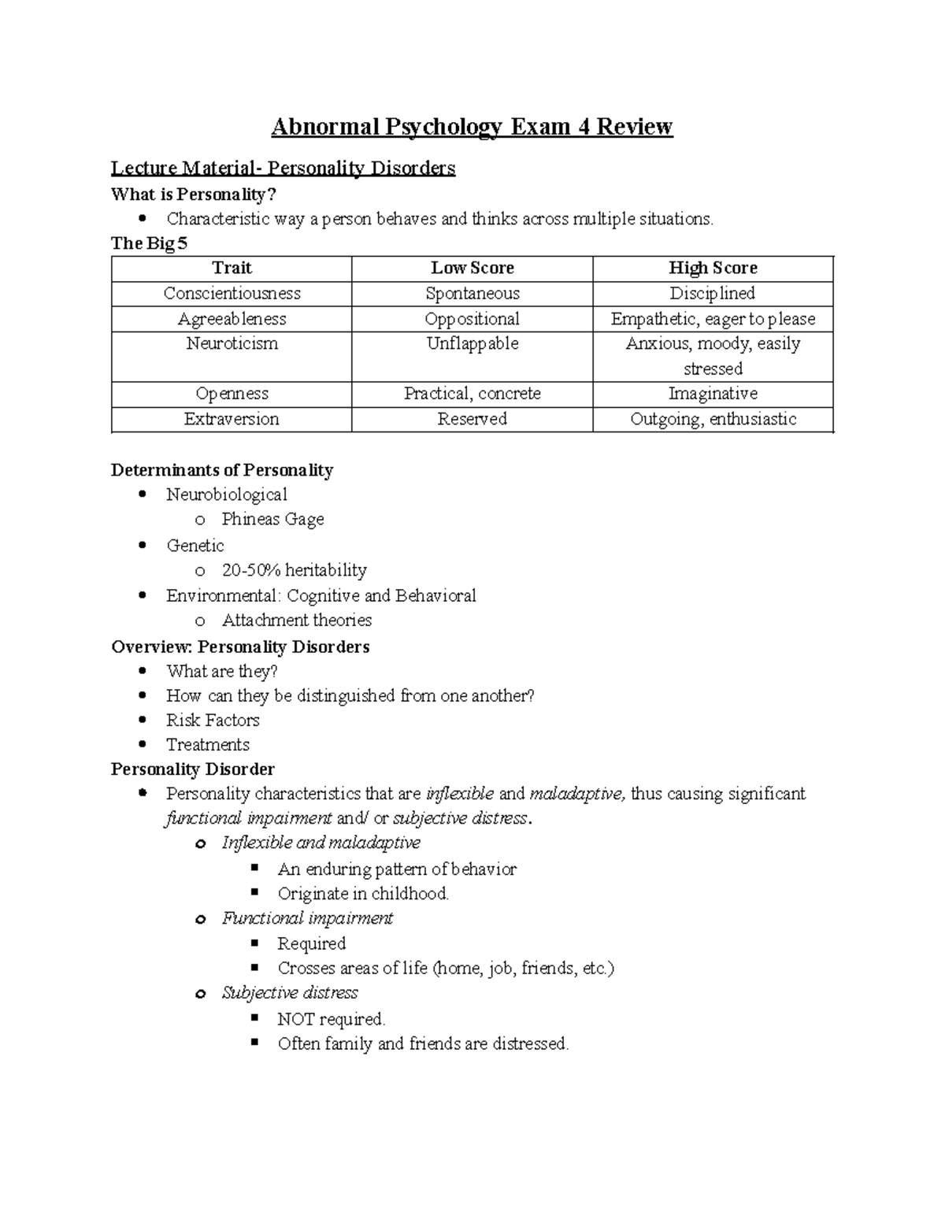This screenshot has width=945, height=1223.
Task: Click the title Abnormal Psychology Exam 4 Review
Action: coord(472,127)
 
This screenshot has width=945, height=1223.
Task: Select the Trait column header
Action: coord(232,269)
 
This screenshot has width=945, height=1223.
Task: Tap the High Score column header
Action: coord(713,269)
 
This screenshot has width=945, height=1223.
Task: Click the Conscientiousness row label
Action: coord(232,294)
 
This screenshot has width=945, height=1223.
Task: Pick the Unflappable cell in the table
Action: coord(472,344)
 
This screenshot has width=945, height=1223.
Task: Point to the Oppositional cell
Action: coord(472,319)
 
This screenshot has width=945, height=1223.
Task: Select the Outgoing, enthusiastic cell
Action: coord(713,419)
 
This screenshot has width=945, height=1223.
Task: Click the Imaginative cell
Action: coord(713,394)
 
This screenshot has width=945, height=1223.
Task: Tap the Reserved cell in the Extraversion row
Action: coord(472,419)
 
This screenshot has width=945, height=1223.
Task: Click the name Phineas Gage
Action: coord(272,520)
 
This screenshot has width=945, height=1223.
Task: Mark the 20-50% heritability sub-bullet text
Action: coord(294,570)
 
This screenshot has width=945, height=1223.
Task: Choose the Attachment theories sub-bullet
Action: coord(296,621)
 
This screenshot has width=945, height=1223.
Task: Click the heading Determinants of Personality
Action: coord(222,471)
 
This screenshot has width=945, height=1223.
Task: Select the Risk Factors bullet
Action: coord(213,721)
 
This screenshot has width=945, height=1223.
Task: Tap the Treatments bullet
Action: coord(208,745)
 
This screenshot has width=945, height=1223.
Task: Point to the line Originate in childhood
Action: coord(363,894)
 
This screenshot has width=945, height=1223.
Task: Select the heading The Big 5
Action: coord(150,243)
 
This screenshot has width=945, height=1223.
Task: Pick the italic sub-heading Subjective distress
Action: coord(290,993)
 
